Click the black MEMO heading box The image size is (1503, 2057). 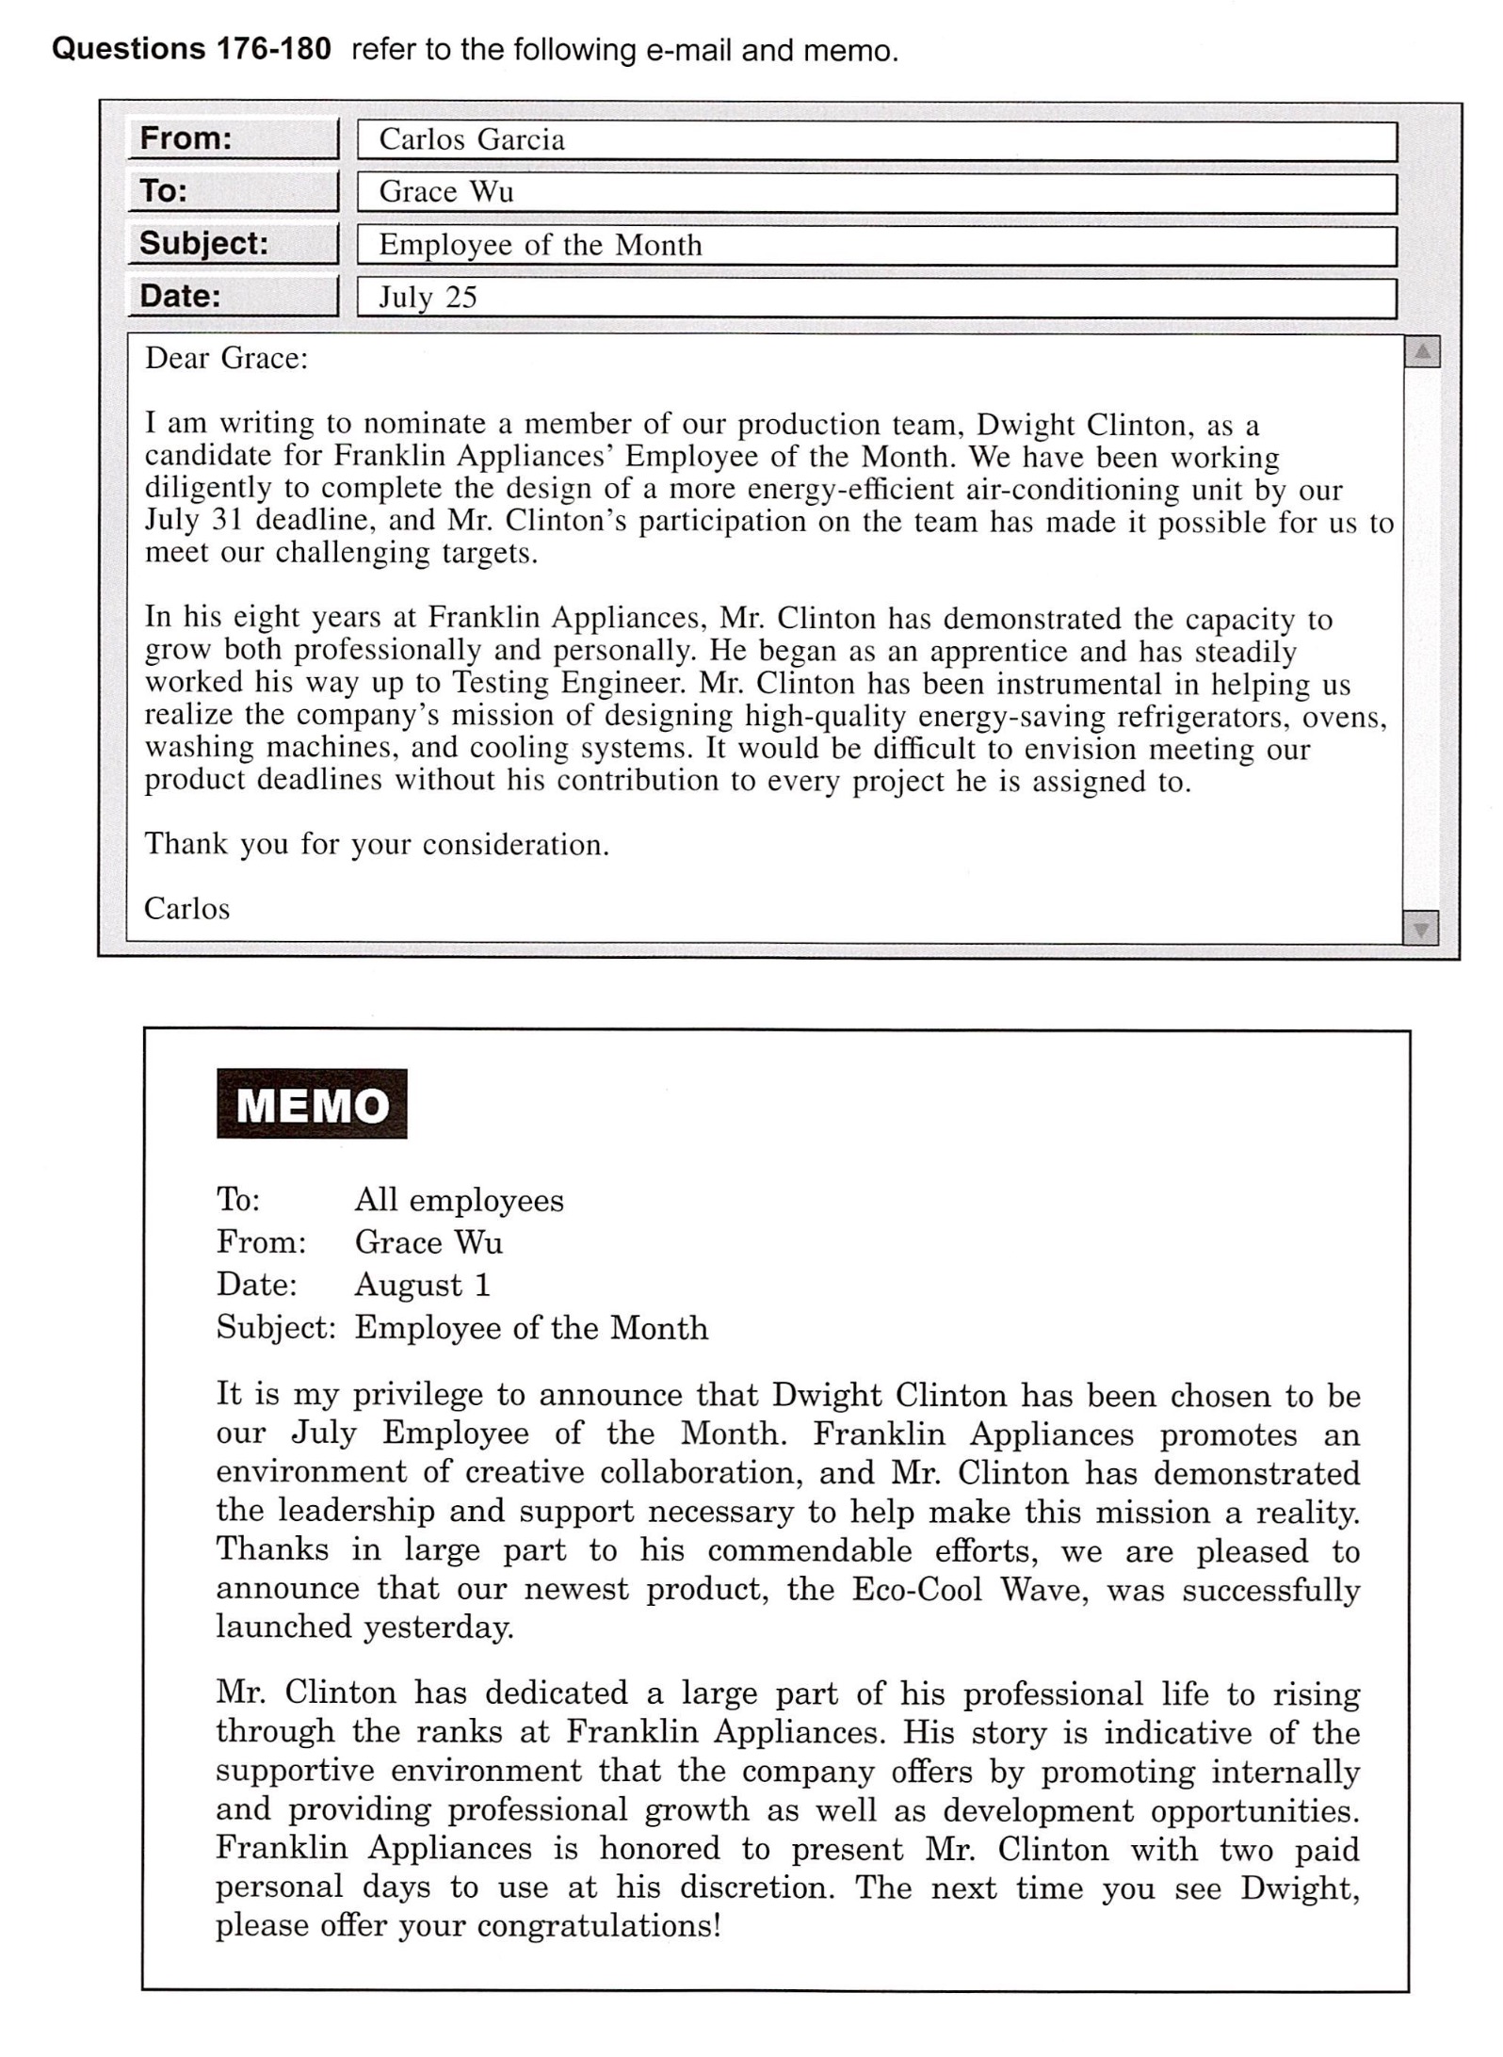(312, 1103)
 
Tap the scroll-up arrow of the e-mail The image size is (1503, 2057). (1422, 353)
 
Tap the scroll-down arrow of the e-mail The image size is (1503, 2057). (1420, 929)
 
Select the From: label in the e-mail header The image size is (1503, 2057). (186, 138)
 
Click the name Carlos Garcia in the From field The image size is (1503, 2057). (472, 140)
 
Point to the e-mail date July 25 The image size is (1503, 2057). (428, 298)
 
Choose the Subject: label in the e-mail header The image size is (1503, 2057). (203, 244)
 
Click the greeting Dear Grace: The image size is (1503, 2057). (226, 359)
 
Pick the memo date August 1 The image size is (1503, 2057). (422, 1285)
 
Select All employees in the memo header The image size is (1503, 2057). (459, 1200)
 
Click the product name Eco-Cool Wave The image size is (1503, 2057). (964, 1590)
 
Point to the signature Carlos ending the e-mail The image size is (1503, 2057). (186, 909)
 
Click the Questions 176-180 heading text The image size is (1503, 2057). (191, 49)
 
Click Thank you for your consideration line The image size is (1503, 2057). (377, 845)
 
